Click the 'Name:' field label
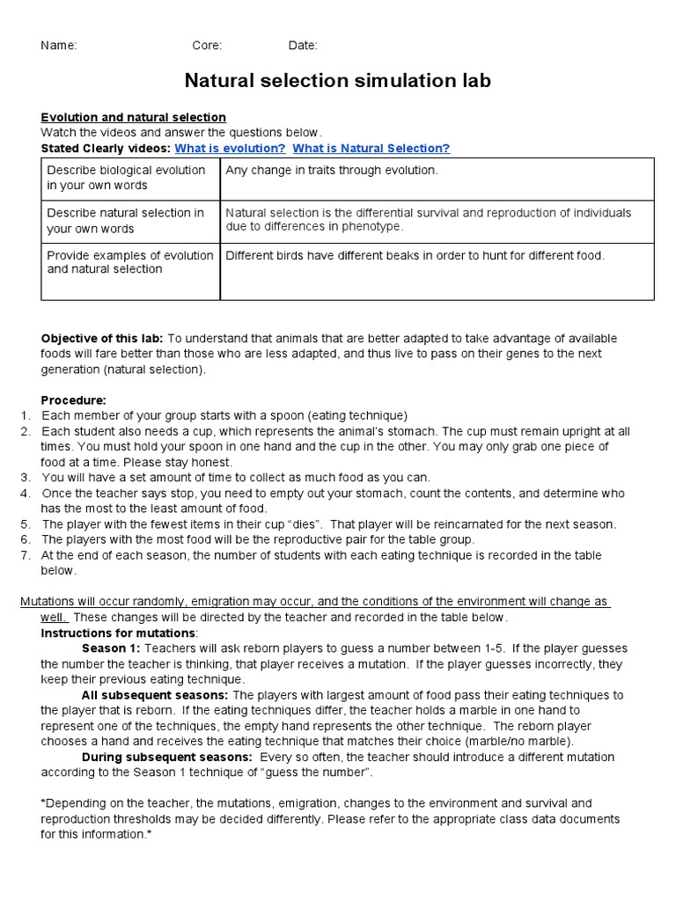pyautogui.click(x=59, y=46)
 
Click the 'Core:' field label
pyautogui.click(x=207, y=46)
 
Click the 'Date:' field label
pyautogui.click(x=303, y=46)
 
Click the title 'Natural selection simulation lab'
pyautogui.click(x=337, y=81)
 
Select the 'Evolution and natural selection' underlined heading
pyautogui.click(x=134, y=117)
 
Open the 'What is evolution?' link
pyautogui.click(x=230, y=149)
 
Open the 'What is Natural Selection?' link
pyautogui.click(x=371, y=149)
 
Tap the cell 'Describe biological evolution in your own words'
pyautogui.click(x=127, y=178)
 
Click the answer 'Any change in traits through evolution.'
pyautogui.click(x=332, y=171)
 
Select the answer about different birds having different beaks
pyautogui.click(x=415, y=255)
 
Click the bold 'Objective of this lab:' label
pyautogui.click(x=102, y=339)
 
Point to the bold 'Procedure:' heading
pyautogui.click(x=73, y=399)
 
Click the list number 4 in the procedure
pyautogui.click(x=26, y=493)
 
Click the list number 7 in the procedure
pyautogui.click(x=26, y=555)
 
